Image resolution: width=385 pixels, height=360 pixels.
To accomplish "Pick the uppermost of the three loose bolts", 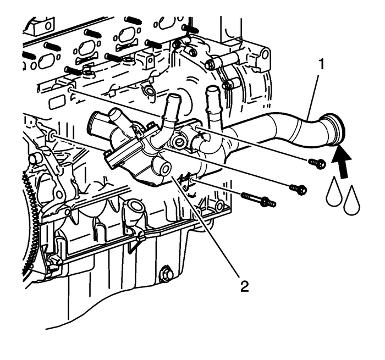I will [x=317, y=163].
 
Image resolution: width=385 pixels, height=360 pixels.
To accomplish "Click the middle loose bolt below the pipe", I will [x=299, y=190].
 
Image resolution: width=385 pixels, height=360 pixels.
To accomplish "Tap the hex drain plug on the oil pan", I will [x=164, y=273].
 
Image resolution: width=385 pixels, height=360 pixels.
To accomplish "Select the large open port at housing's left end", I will [x=96, y=121].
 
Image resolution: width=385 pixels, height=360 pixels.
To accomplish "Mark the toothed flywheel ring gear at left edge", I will [x=26, y=214].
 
